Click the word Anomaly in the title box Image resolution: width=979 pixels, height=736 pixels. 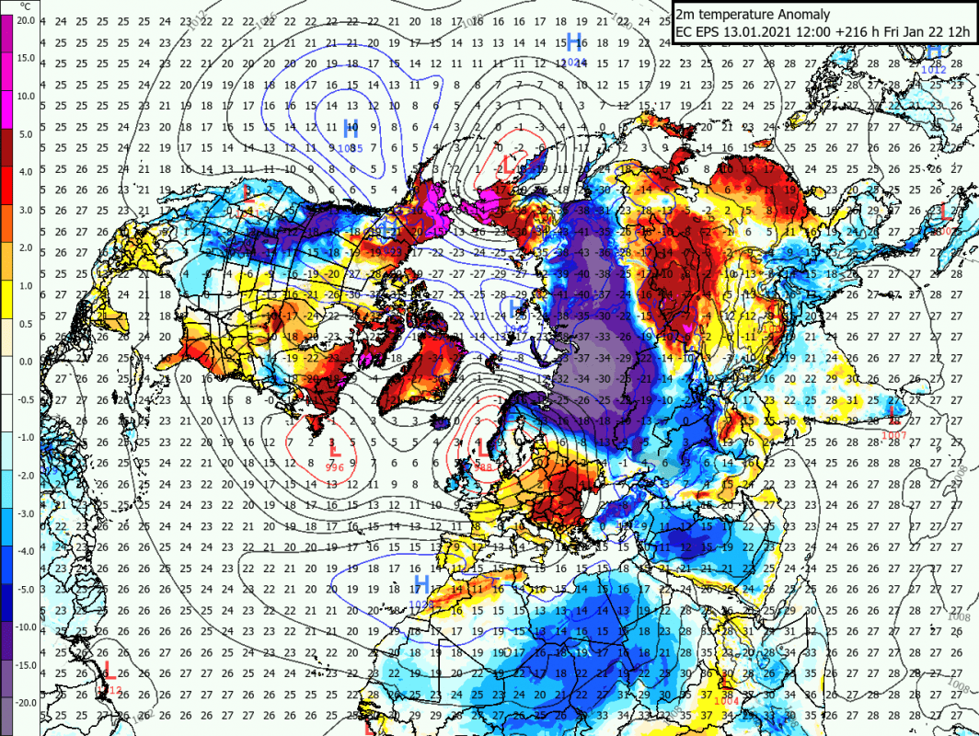click(x=803, y=14)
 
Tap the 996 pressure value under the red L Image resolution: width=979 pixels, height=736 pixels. click(x=335, y=467)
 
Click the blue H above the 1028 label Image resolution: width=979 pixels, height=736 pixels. click(x=420, y=584)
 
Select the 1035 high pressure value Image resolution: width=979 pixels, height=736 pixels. click(x=351, y=148)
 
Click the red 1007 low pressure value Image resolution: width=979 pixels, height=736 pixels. click(x=894, y=434)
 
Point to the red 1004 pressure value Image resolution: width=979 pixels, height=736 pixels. click(x=726, y=701)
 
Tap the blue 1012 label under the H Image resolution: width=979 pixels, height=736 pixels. click(x=935, y=67)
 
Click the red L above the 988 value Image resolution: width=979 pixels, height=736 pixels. click(x=481, y=448)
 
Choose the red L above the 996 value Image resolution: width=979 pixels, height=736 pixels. click(x=335, y=450)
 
